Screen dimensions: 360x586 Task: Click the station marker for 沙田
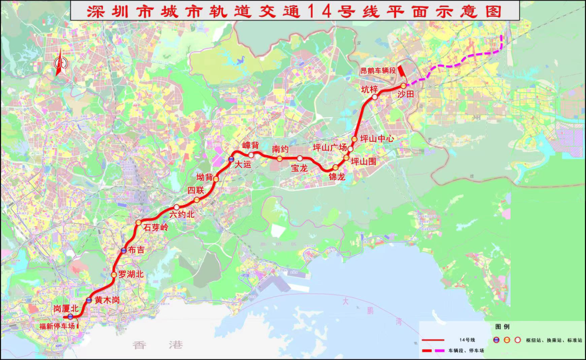tap(403, 86)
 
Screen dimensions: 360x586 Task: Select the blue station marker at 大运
tap(231, 160)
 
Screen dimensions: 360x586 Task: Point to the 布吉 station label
tap(137, 250)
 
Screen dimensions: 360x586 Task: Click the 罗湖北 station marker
tap(113, 275)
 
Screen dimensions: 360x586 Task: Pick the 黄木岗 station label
tap(106, 300)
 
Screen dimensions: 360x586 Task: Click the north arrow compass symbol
tap(59, 63)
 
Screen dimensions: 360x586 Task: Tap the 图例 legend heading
tap(502, 327)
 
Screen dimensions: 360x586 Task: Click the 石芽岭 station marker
tap(138, 222)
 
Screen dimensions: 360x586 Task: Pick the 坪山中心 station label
tap(377, 139)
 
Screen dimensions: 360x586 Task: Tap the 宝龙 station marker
tap(300, 158)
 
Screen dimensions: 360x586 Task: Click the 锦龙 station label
tap(337, 177)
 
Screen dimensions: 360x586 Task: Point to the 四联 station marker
tap(196, 200)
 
